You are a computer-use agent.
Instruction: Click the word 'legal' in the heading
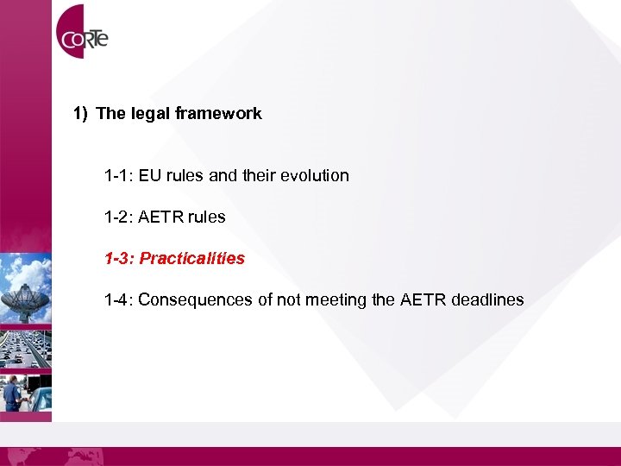152,113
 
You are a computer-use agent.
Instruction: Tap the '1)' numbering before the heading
80,113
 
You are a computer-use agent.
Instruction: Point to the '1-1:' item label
119,176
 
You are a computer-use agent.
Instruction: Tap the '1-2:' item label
119,217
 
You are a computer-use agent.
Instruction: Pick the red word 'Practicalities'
192,259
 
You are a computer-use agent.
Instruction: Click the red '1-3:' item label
119,259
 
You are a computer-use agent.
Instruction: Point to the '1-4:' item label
119,300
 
